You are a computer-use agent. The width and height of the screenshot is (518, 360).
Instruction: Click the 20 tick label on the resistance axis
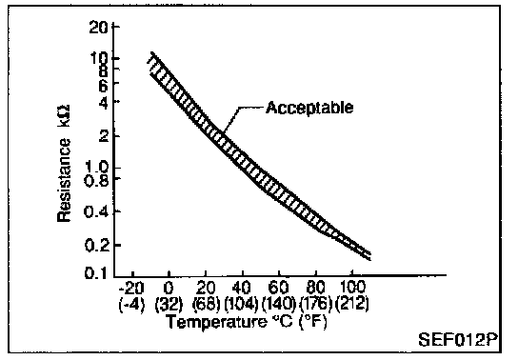[98, 28]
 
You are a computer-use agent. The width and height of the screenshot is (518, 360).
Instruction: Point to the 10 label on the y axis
[99, 58]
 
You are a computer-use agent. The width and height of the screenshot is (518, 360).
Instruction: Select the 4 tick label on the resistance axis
[104, 103]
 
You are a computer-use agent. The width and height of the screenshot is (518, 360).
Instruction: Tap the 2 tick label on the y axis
[104, 135]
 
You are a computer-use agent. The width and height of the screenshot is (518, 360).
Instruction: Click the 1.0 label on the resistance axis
[96, 167]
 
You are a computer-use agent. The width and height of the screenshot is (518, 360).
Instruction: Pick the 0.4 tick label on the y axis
[96, 211]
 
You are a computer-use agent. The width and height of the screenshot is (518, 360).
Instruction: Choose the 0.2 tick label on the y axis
[96, 246]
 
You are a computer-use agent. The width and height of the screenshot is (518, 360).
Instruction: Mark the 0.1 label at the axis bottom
[96, 272]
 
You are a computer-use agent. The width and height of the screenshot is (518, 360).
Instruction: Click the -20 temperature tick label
[131, 288]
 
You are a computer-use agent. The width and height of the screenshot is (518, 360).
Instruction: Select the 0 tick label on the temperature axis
[169, 288]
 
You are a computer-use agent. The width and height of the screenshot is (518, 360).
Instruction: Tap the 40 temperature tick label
[242, 288]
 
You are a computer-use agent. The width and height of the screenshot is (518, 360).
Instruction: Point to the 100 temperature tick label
[352, 287]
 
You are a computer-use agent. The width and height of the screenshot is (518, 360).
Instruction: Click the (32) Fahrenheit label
[169, 304]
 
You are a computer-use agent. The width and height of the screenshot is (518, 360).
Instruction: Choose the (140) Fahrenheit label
[278, 304]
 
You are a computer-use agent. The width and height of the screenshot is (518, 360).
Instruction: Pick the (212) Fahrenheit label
[352, 303]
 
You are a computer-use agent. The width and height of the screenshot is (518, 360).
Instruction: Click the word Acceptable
[309, 108]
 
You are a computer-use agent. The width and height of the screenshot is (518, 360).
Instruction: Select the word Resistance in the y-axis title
[64, 180]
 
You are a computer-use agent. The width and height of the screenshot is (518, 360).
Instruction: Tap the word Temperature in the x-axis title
[216, 322]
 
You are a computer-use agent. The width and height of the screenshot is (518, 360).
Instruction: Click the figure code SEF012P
[458, 339]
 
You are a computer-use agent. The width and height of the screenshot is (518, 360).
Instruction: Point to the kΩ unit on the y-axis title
[64, 116]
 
